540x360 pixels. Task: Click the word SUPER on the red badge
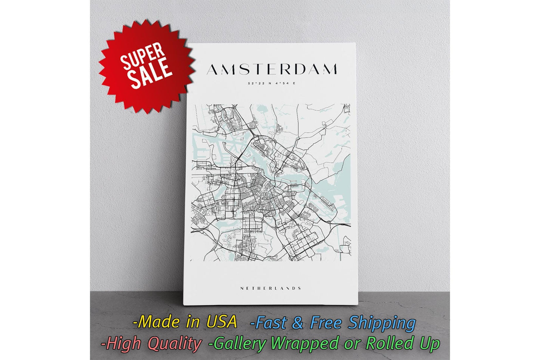[x=142, y=57]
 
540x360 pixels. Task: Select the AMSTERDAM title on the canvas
[x=272, y=70]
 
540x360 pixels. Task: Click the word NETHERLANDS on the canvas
[x=271, y=288]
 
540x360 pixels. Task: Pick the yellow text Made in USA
[x=185, y=322]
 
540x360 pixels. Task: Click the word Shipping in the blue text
[x=382, y=323]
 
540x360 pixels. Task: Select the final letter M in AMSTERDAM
[x=330, y=70]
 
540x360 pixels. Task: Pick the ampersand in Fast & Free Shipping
[x=298, y=323]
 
